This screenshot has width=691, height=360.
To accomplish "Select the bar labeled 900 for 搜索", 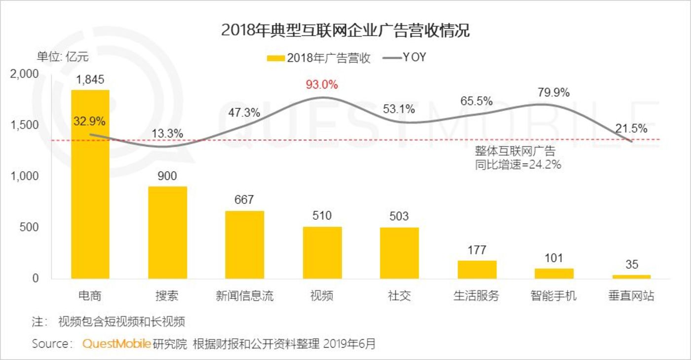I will click(168, 232).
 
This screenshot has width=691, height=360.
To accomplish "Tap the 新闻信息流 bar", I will click(245, 244).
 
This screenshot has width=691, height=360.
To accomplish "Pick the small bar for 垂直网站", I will click(632, 277).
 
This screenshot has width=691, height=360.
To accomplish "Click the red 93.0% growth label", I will click(322, 85).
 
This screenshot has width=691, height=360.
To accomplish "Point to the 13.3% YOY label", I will click(167, 133).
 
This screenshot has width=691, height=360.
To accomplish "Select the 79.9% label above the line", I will click(553, 92).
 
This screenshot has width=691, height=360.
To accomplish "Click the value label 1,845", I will click(90, 80).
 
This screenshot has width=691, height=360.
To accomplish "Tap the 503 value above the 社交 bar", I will click(399, 216).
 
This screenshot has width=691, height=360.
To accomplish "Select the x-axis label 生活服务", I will click(476, 296).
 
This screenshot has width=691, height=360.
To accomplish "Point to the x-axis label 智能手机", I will click(554, 296).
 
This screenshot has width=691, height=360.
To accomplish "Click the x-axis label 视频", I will click(322, 296).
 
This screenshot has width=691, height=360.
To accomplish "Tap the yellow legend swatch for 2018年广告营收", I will click(275, 58).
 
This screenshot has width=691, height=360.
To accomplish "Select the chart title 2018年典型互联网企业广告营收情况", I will click(345, 31).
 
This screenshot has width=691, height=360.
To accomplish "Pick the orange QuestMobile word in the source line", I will click(116, 344).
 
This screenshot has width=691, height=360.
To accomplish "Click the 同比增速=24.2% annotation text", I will click(518, 165).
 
